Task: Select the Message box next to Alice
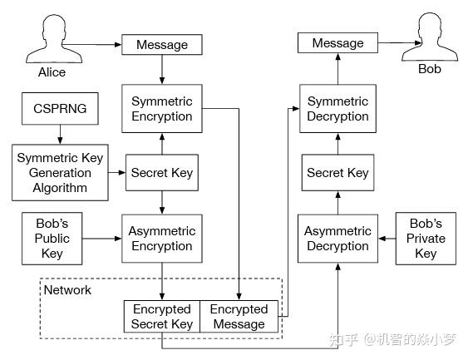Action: point(161,45)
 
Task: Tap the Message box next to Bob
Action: point(337,43)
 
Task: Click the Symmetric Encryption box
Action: point(162,109)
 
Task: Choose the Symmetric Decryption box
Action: point(337,109)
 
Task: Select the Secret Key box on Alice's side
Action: point(162,173)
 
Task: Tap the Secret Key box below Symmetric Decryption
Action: point(337,173)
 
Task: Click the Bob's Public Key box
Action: point(53,239)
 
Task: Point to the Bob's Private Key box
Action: point(426,239)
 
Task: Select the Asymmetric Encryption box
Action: point(162,239)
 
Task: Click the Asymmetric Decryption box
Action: point(337,239)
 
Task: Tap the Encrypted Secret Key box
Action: point(162,316)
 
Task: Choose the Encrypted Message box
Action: point(239,316)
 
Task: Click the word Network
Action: point(67,290)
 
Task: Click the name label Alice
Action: point(52,72)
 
